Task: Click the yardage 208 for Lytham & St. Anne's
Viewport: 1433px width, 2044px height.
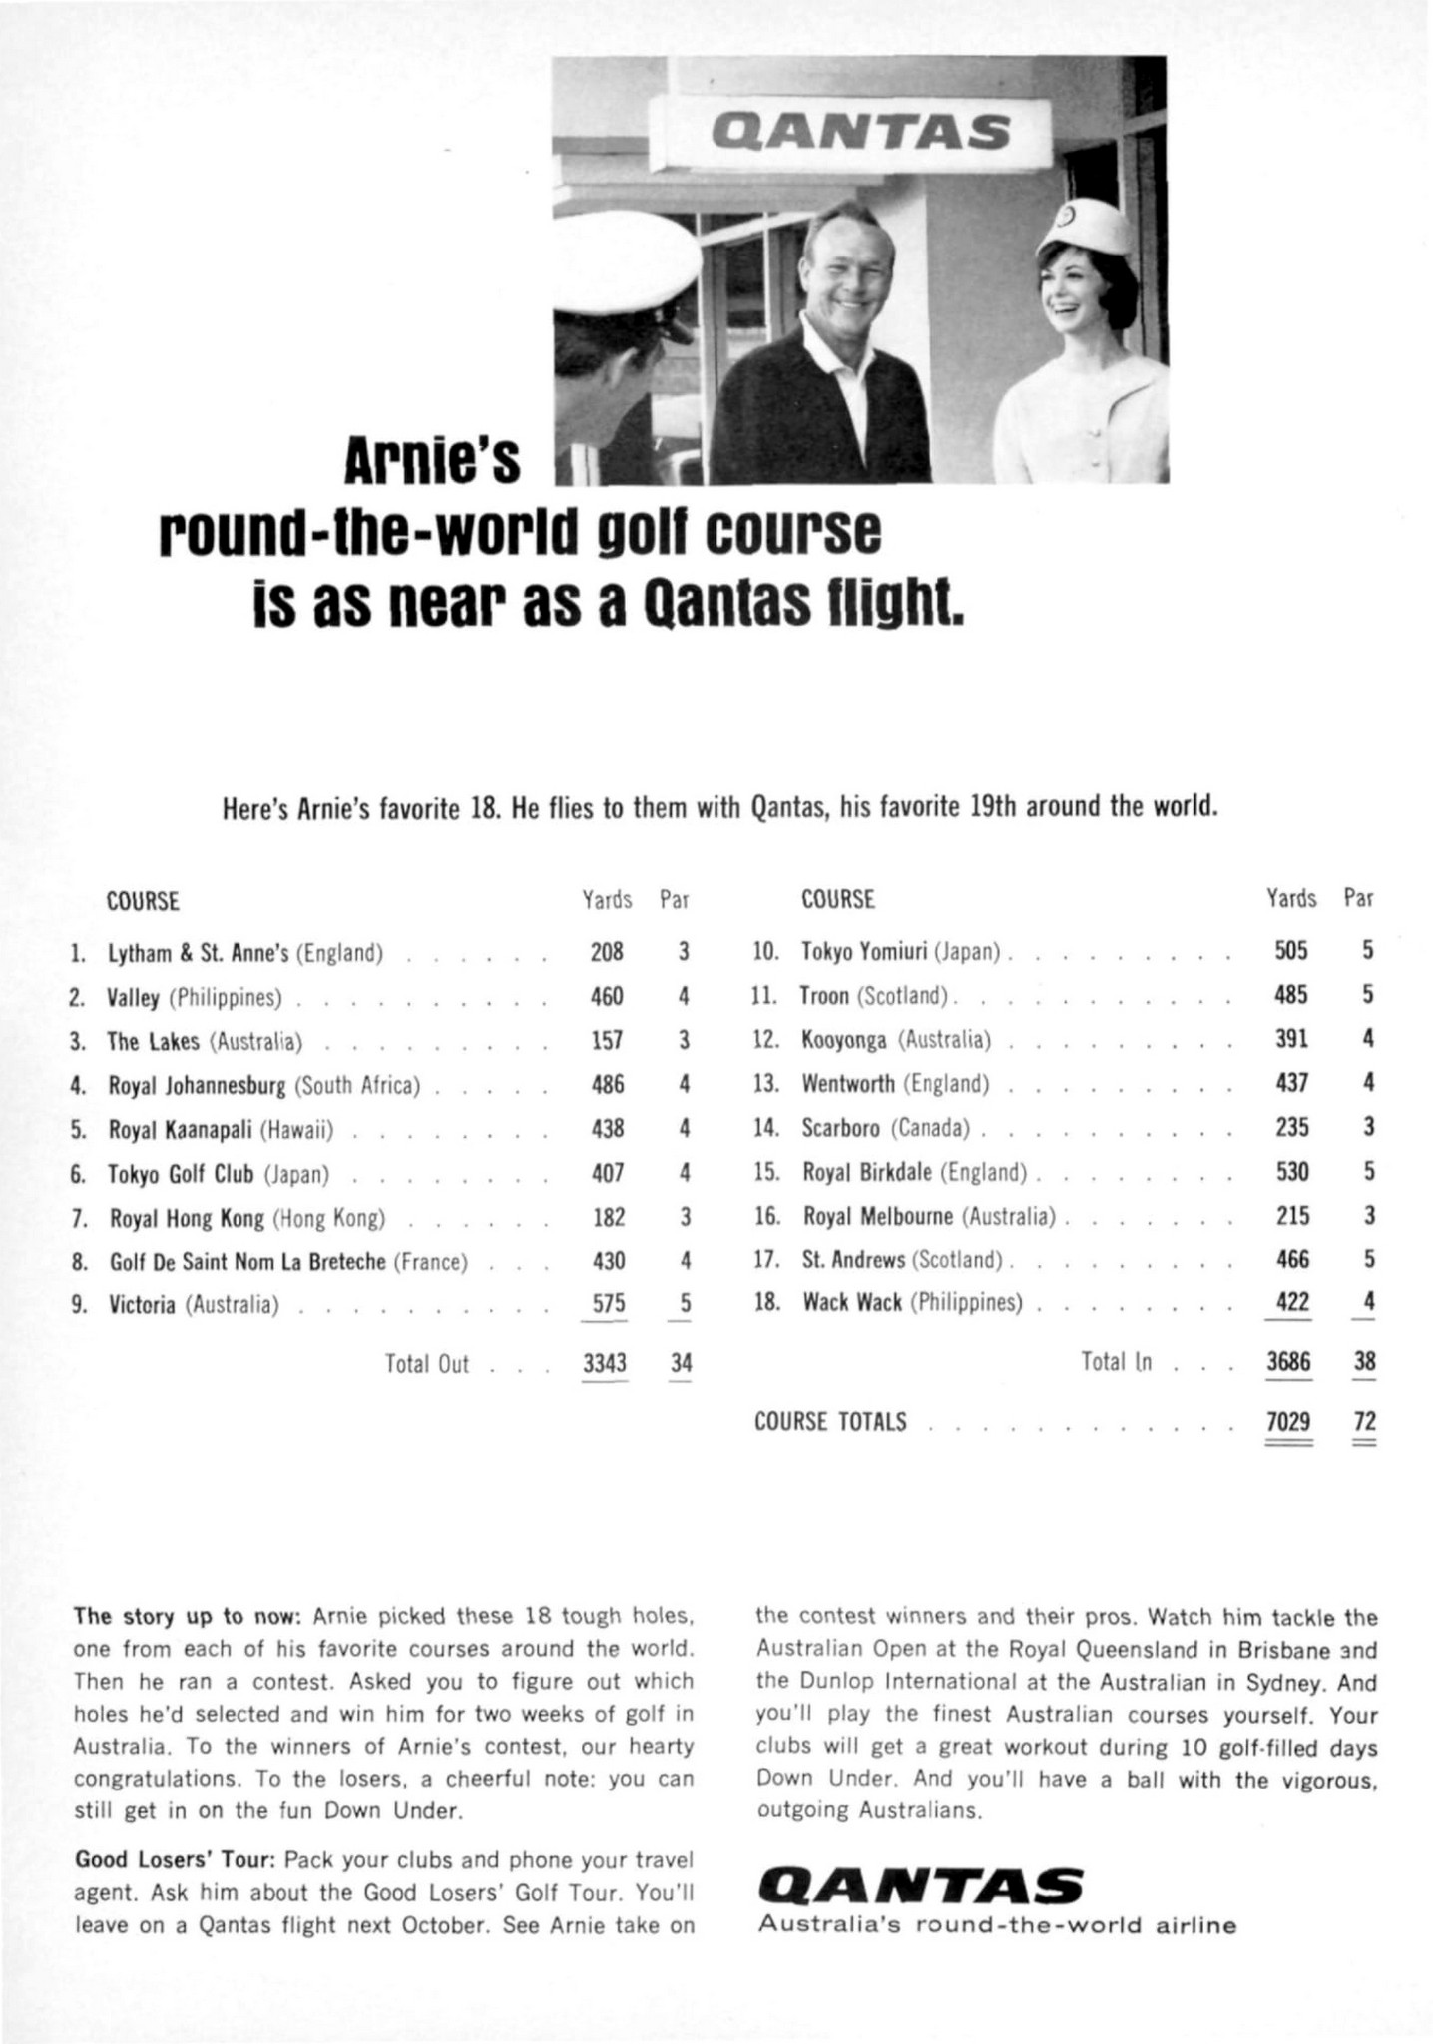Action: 607,951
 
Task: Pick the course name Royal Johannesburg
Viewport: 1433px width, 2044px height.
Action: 198,1084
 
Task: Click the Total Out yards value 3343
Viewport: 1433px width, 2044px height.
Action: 606,1362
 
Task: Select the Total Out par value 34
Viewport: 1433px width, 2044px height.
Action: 681,1362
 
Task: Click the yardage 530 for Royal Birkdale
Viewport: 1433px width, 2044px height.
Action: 1292,1171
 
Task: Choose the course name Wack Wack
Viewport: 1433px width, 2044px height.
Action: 852,1302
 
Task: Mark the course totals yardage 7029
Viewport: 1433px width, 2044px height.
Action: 1288,1420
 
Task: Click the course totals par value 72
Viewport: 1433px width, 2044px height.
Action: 1364,1420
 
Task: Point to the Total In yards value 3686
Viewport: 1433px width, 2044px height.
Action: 1288,1361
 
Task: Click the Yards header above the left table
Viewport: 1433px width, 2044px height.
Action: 607,900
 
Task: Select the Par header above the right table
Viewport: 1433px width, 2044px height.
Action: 1358,898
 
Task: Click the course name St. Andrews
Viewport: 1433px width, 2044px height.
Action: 854,1259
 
